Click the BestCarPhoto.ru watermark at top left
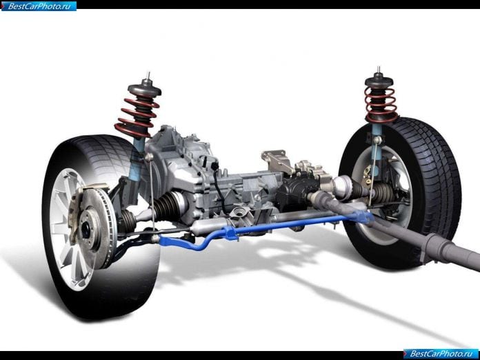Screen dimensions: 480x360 click(39, 6)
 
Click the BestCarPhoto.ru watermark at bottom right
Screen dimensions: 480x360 click(441, 354)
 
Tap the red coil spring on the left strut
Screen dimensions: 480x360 click(137, 117)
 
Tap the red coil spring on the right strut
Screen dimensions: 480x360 click(381, 104)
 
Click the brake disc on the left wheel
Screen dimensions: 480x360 click(99, 227)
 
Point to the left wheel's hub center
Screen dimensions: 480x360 click(86, 228)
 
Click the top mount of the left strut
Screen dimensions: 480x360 click(145, 88)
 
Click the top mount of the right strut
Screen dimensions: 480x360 click(379, 79)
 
